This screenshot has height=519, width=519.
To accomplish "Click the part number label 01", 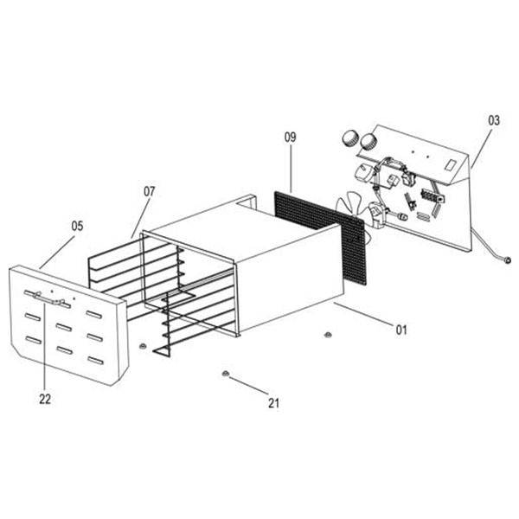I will tap(401, 330).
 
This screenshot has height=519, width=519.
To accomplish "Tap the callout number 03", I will tap(494, 120).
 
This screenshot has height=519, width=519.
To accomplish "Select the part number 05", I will tap(77, 226).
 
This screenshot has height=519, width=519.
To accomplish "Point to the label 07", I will tap(149, 191).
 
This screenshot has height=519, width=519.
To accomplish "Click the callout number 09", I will tap(291, 137).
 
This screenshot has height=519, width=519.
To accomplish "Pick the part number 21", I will tap(274, 402).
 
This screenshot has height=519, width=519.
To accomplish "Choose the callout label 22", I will tap(45, 399).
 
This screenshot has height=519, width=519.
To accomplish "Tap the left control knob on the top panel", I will tap(350, 138).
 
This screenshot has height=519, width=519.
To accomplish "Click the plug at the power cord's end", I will tap(508, 259).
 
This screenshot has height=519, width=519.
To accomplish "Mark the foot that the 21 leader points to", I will tap(224, 373).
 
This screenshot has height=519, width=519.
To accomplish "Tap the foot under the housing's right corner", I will tap(328, 334).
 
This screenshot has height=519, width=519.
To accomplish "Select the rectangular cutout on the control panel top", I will tap(450, 163).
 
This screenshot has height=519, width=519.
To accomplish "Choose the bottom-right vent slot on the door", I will tap(95, 360).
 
